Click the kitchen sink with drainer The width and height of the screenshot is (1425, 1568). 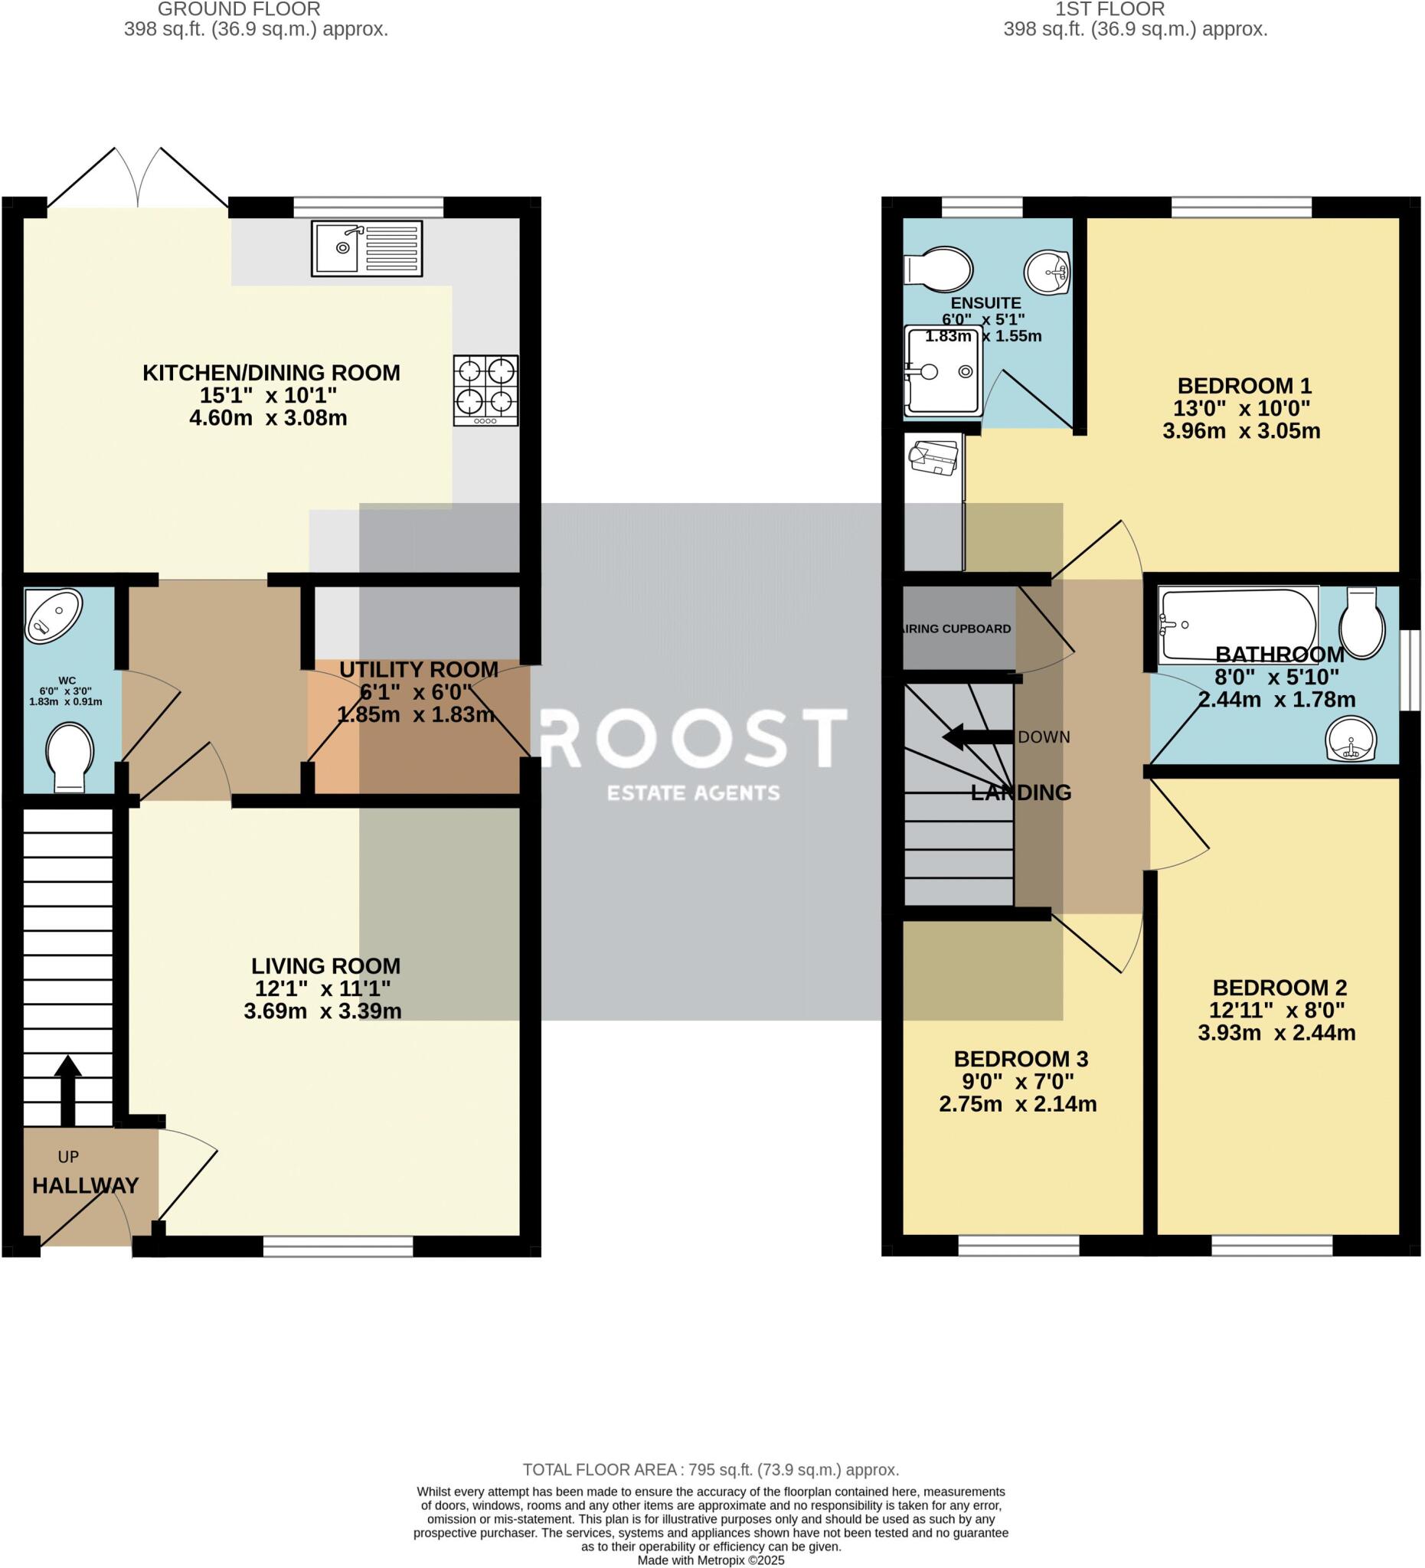367,248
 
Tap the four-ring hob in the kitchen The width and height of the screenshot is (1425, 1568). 486,390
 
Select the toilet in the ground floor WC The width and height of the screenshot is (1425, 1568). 70,757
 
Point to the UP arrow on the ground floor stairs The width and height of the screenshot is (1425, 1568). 67,1089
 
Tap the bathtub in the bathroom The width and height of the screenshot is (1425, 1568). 1237,626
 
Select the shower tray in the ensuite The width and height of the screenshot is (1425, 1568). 939,372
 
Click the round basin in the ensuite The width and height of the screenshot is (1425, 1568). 1047,273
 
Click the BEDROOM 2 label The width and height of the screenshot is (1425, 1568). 1280,988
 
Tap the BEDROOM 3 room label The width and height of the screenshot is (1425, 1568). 1021,1059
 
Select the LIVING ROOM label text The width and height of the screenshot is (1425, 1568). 325,966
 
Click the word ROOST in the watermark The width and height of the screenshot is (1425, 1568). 692,737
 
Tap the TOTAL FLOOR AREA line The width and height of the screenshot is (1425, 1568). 710,1470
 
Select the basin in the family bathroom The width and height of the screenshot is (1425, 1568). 1351,739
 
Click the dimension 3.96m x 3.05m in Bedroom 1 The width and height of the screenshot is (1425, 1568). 1241,431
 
